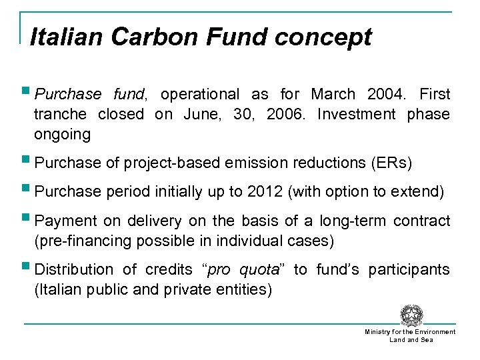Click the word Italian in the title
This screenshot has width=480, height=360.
[67, 37]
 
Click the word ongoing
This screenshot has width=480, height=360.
[62, 135]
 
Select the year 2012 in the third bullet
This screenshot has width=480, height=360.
[265, 192]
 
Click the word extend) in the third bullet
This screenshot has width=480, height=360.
[418, 192]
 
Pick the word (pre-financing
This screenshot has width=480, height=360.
[83, 241]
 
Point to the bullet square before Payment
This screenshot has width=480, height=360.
[26, 219]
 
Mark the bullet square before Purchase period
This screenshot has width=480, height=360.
[26, 190]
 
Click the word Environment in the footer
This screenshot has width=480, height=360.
[435, 332]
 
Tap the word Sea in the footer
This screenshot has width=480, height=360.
[427, 340]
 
